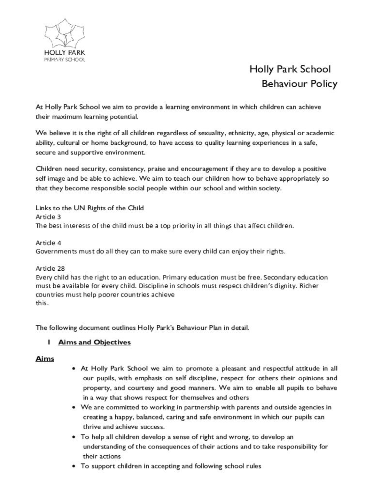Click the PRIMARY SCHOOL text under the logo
click(x=64, y=59)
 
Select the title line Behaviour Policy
click(x=299, y=84)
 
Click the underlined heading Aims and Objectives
click(x=94, y=342)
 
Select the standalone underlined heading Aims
click(x=45, y=359)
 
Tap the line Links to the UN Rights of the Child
click(x=90, y=208)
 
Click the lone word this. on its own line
click(x=42, y=303)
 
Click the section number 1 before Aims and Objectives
click(x=49, y=342)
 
